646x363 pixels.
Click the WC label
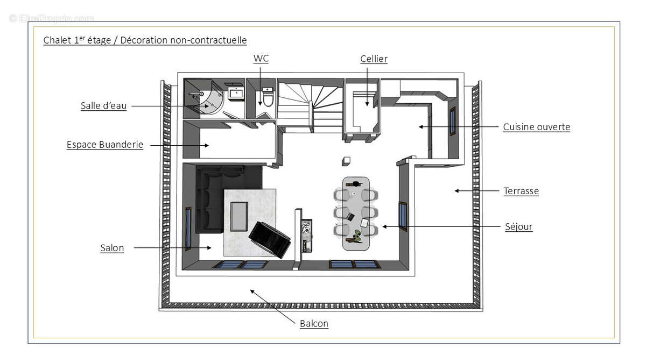pyautogui.click(x=261, y=59)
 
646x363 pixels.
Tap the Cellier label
pyautogui.click(x=374, y=59)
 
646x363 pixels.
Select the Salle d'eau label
pyautogui.click(x=104, y=106)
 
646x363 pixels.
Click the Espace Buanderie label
pyautogui.click(x=105, y=145)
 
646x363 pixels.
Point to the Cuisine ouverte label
pyautogui.click(x=536, y=127)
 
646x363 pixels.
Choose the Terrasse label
pyautogui.click(x=521, y=191)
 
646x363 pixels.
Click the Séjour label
pyautogui.click(x=518, y=227)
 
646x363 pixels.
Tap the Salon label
pyautogui.click(x=112, y=248)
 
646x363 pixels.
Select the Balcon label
pyautogui.click(x=314, y=324)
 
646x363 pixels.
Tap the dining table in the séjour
pyautogui.click(x=356, y=213)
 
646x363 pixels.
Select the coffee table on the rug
pyautogui.click(x=239, y=216)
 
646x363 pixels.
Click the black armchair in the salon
pyautogui.click(x=270, y=239)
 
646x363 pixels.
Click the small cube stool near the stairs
pyautogui.click(x=347, y=161)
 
